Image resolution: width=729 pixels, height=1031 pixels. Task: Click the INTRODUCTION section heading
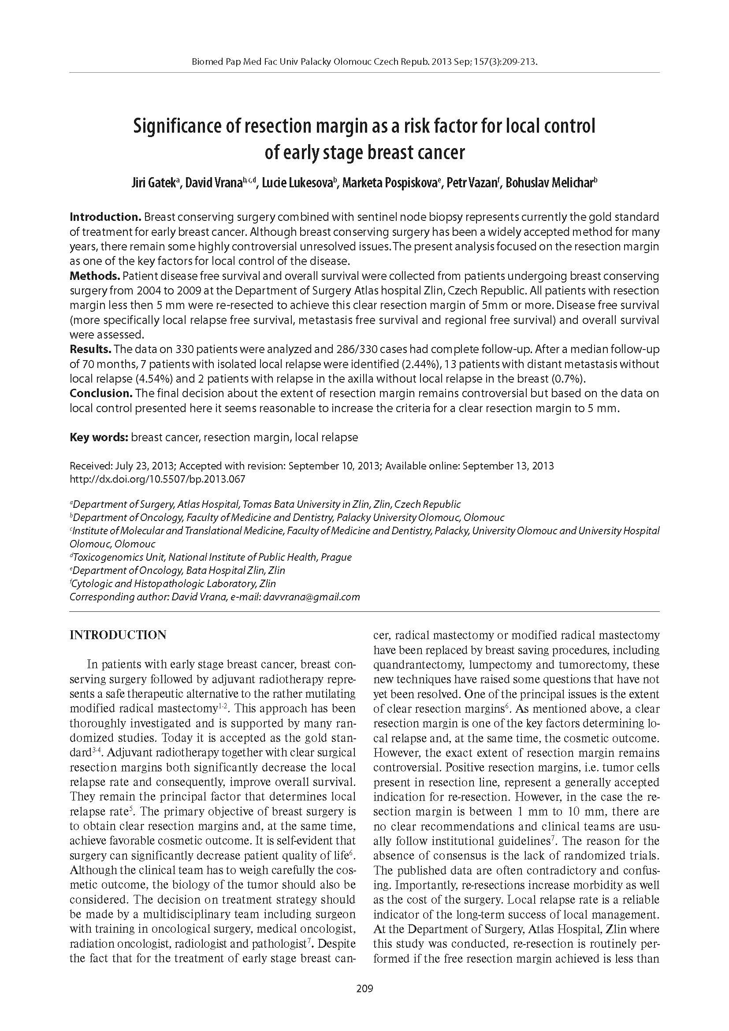pyautogui.click(x=118, y=635)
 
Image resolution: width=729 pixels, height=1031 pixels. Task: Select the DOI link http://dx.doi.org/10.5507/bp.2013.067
pyautogui.click(x=157, y=479)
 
